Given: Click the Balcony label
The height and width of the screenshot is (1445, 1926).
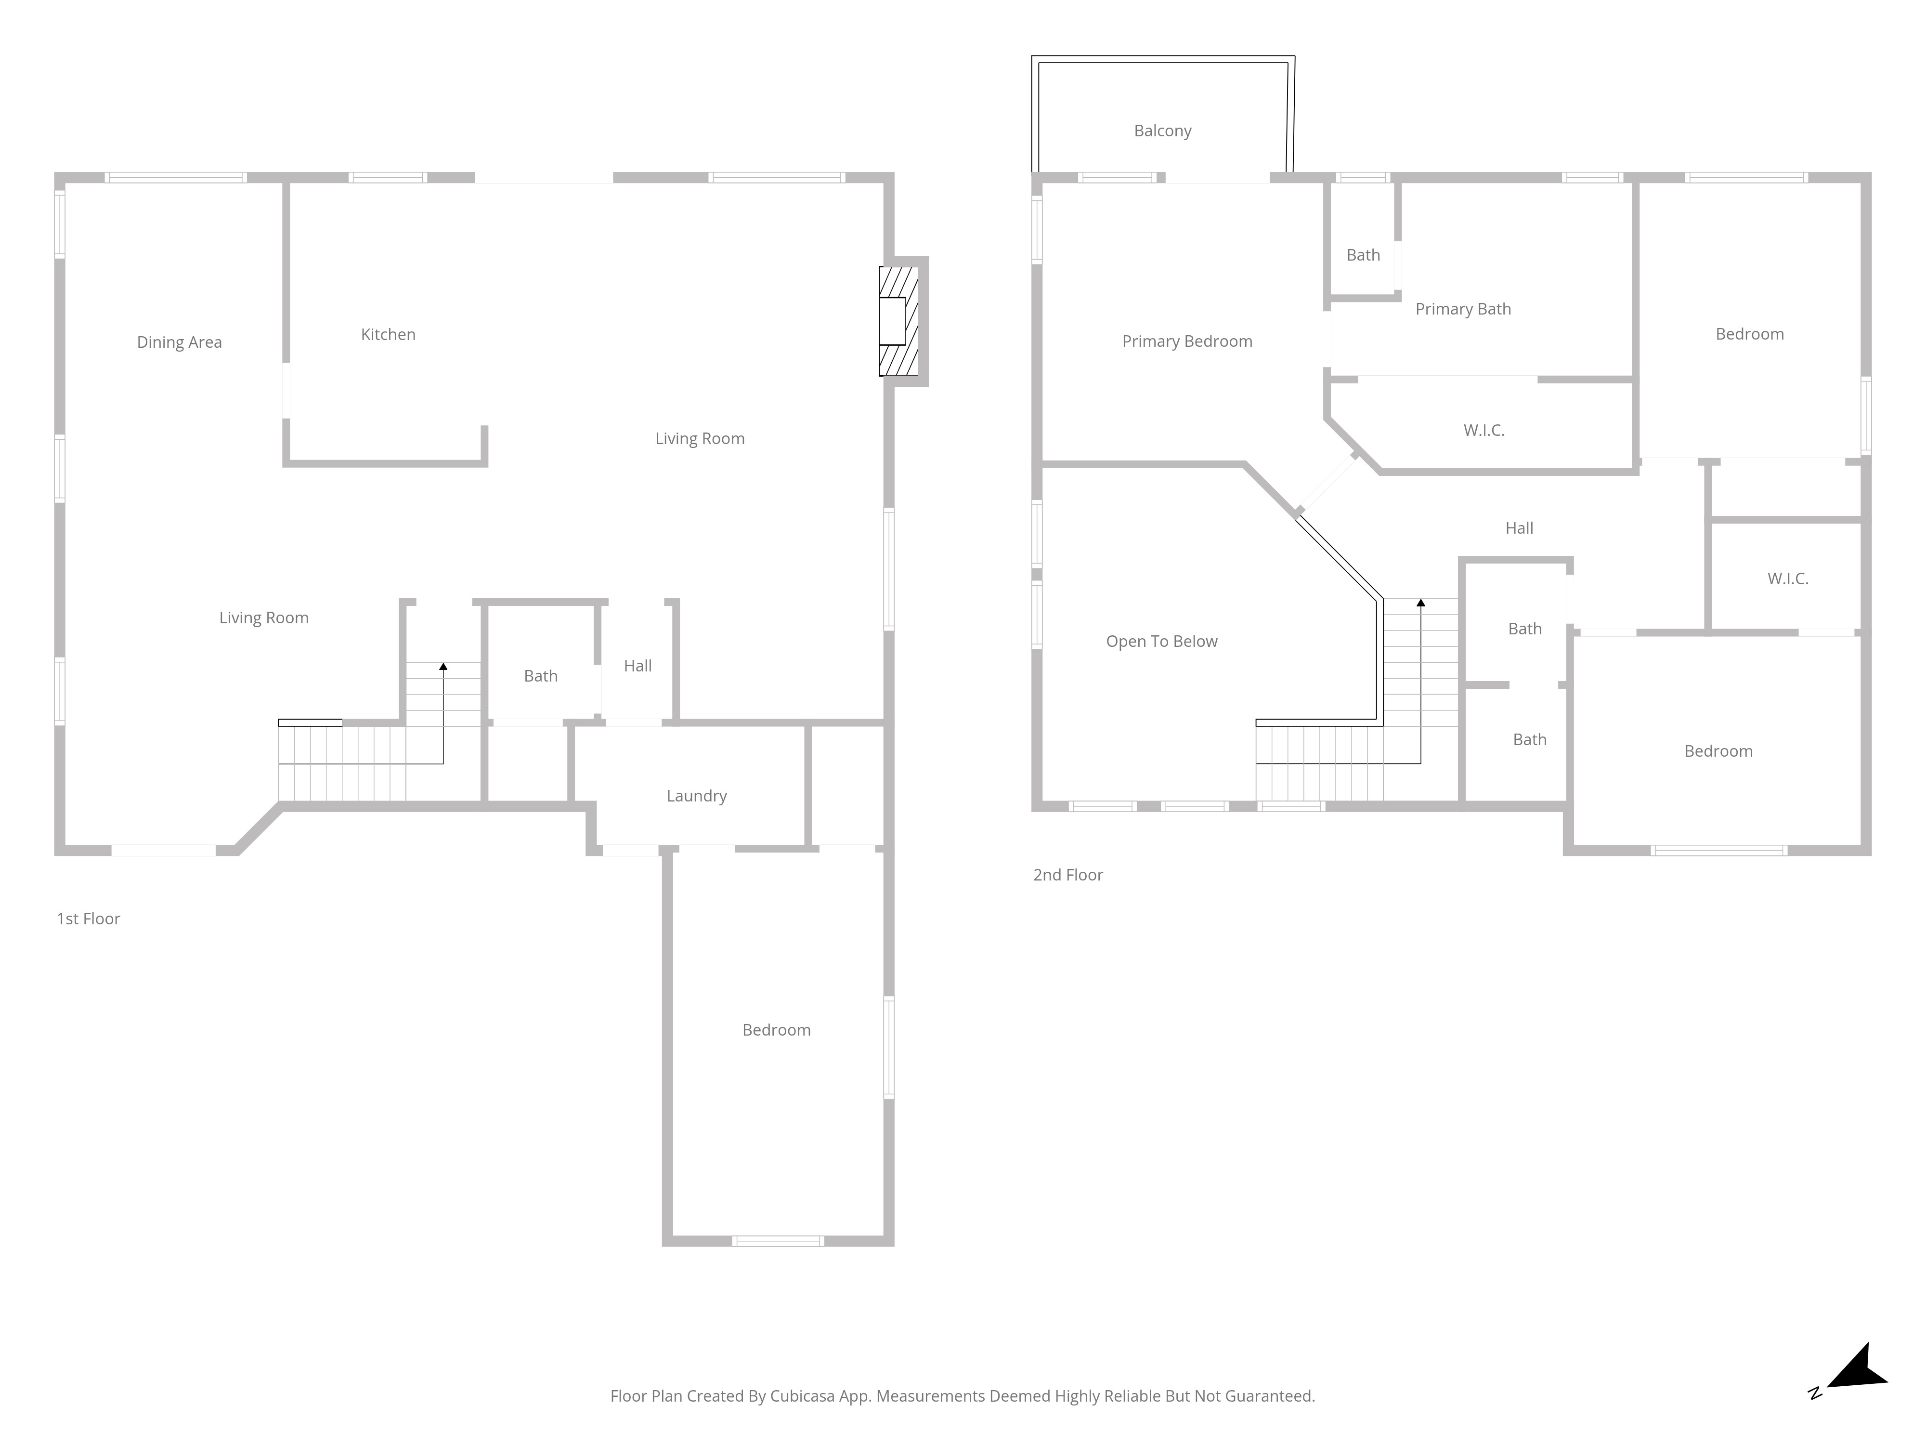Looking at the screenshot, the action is pos(1162,131).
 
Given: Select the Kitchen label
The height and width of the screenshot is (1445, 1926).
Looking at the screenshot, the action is pos(389,334).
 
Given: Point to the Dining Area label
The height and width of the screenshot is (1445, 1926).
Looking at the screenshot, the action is pos(180,342).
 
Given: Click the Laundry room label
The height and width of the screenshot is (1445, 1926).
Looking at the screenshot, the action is pos(697,796).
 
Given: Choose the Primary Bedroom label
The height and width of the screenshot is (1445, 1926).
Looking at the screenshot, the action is pos(1187,342).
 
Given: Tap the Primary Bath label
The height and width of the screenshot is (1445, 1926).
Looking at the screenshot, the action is pos(1463,309).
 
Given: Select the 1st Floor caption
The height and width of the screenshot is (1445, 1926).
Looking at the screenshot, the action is pos(89,919).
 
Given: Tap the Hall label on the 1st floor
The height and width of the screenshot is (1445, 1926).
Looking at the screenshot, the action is pos(638,666).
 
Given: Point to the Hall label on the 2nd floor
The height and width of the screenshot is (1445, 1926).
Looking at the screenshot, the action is pos(1520,528).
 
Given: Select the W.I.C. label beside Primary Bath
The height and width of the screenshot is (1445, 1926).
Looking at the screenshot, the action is pos(1484,430).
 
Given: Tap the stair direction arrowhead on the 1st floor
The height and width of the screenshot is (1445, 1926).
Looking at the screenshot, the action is pos(443,666).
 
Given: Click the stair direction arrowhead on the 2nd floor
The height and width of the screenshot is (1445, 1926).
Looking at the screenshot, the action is pos(1421,603).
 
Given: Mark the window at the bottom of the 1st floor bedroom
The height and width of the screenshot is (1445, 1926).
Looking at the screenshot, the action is pos(778,1241).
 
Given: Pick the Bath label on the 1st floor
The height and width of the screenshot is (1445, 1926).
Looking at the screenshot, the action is pos(541,676).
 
